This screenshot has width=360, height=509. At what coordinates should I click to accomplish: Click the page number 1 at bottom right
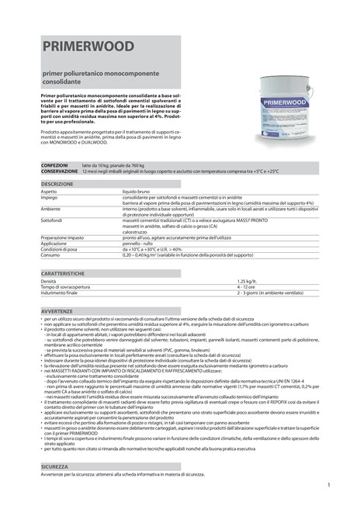click(329, 485)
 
